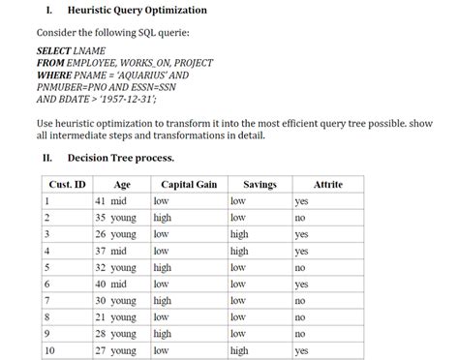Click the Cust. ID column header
(x=67, y=184)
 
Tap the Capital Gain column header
(x=188, y=184)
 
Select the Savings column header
(x=260, y=184)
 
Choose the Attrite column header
(x=328, y=184)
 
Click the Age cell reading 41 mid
(x=111, y=201)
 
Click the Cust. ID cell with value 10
(x=50, y=351)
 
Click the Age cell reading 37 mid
(x=111, y=252)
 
